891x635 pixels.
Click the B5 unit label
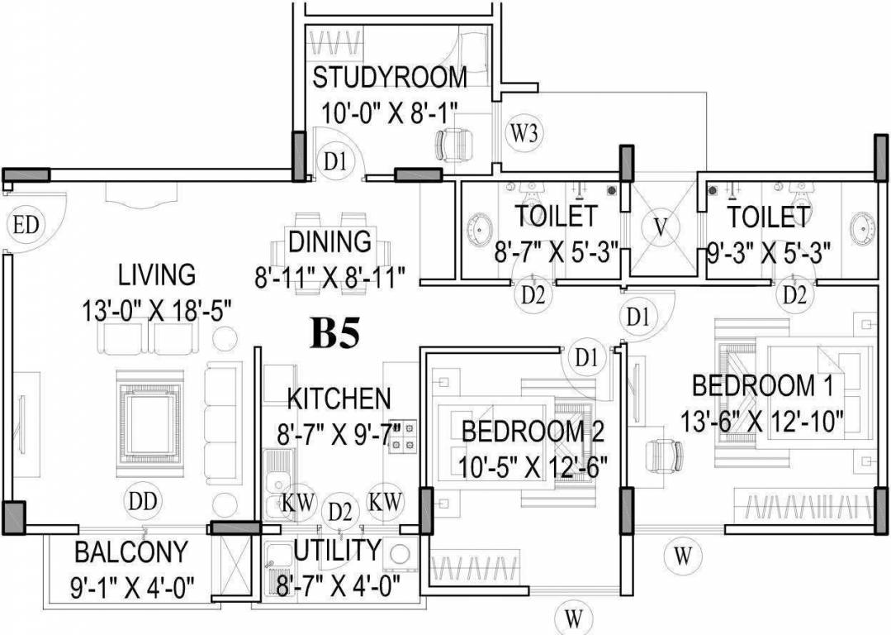(334, 335)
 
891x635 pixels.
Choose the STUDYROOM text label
(390, 78)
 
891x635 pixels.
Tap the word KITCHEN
(339, 399)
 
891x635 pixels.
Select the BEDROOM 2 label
(533, 431)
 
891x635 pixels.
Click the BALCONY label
(131, 551)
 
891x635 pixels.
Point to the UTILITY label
(337, 550)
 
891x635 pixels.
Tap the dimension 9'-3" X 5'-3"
(769, 251)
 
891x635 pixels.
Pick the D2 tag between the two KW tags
(339, 511)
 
